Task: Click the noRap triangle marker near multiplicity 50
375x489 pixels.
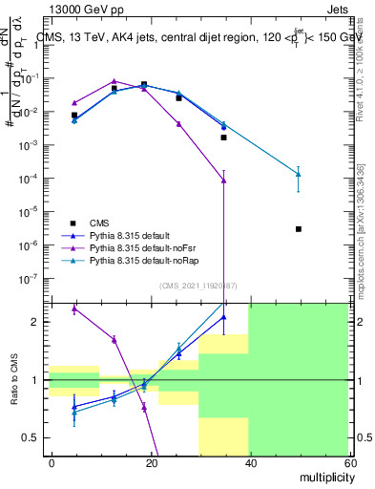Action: point(299,174)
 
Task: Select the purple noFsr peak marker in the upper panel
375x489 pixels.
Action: point(115,81)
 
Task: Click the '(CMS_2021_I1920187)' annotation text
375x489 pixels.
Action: point(198,286)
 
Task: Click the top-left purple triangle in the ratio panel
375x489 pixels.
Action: point(74,309)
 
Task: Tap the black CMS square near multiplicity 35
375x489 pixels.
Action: point(223,138)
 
